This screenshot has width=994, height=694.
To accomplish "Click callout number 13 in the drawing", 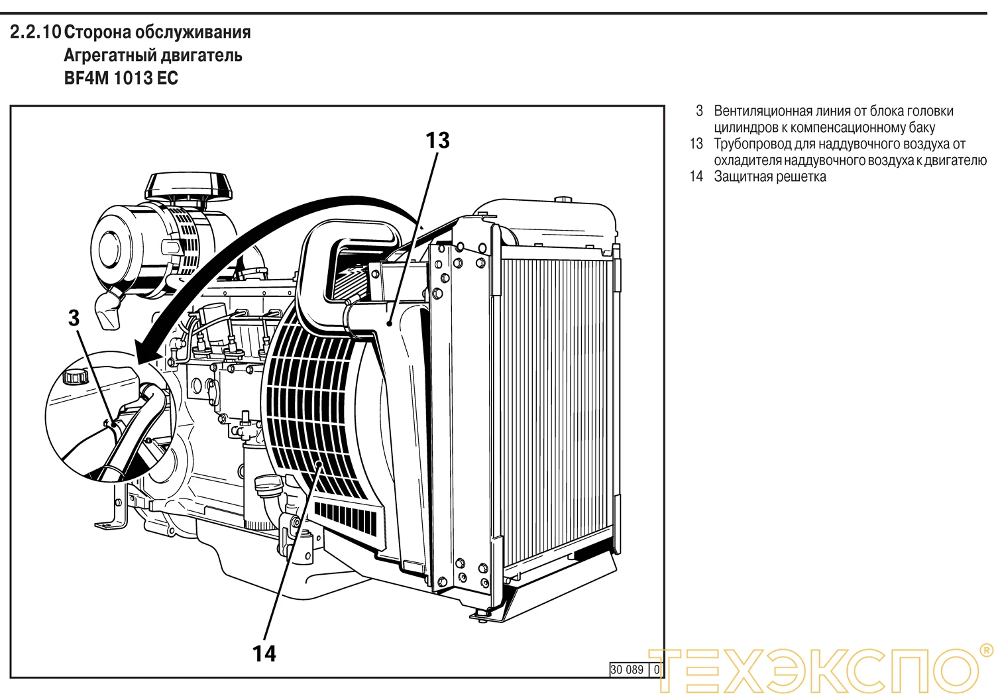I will coord(437,141).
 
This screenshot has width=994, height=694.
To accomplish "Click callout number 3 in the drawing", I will coord(74,318).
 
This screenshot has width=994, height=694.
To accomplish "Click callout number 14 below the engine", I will coord(264,654).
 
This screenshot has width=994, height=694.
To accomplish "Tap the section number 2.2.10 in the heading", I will coord(35,32).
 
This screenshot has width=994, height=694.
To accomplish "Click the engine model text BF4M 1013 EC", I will coord(121,78).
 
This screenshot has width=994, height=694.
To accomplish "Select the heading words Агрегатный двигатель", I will coord(152,55).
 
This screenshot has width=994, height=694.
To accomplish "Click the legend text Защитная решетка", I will coord(769,177).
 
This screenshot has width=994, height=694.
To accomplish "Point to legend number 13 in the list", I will coord(696,144).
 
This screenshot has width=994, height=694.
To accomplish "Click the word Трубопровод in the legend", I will coord(752,144).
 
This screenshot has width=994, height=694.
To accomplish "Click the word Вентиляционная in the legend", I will coord(763,111).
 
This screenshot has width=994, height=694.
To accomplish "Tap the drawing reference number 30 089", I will coord(626,669).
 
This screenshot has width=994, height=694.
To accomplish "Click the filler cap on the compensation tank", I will coord(74,377).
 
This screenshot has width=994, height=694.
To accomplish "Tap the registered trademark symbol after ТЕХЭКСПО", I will coord(985,650).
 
